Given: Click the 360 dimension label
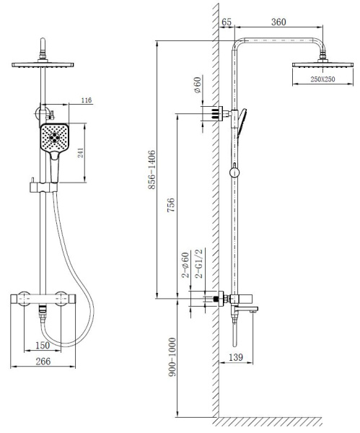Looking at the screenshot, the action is click(278, 22).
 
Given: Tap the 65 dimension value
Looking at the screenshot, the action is click(227, 22).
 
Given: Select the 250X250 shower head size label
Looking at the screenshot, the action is click(322, 79).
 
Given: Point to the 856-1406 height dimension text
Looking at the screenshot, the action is click(152, 170).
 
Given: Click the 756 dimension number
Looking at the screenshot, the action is click(171, 205).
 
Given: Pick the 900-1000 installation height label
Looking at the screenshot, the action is click(172, 357).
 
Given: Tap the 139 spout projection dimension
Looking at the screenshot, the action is click(236, 357).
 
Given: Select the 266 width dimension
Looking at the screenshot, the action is click(43, 362).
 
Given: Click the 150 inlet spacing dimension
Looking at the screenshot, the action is click(43, 345).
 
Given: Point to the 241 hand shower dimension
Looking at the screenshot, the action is click(80, 153).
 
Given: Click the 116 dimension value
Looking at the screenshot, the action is click(87, 100).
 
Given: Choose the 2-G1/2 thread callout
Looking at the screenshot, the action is click(199, 263).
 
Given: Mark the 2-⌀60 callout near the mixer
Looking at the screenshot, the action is click(185, 265).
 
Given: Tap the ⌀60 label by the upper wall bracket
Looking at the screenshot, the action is click(198, 84).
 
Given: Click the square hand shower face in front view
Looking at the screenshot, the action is click(54, 137).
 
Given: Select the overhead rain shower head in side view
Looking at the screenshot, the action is click(322, 65).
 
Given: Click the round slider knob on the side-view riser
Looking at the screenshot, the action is click(234, 173).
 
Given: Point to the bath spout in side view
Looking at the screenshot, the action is click(245, 309).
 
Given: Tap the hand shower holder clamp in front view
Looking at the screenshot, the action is click(43, 187).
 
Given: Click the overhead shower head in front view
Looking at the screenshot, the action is click(43, 65).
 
